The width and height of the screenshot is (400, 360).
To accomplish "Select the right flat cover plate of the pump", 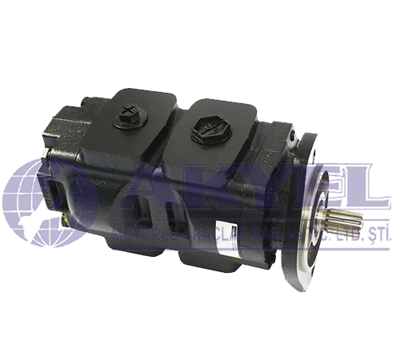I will [216, 128].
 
